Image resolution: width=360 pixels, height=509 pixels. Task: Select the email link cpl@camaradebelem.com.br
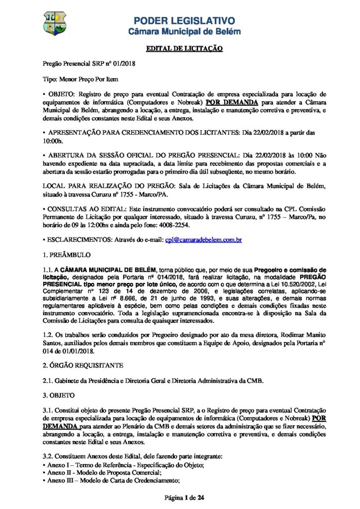coord(203,240)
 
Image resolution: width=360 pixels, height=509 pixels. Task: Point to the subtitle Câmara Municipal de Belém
coord(184,31)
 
